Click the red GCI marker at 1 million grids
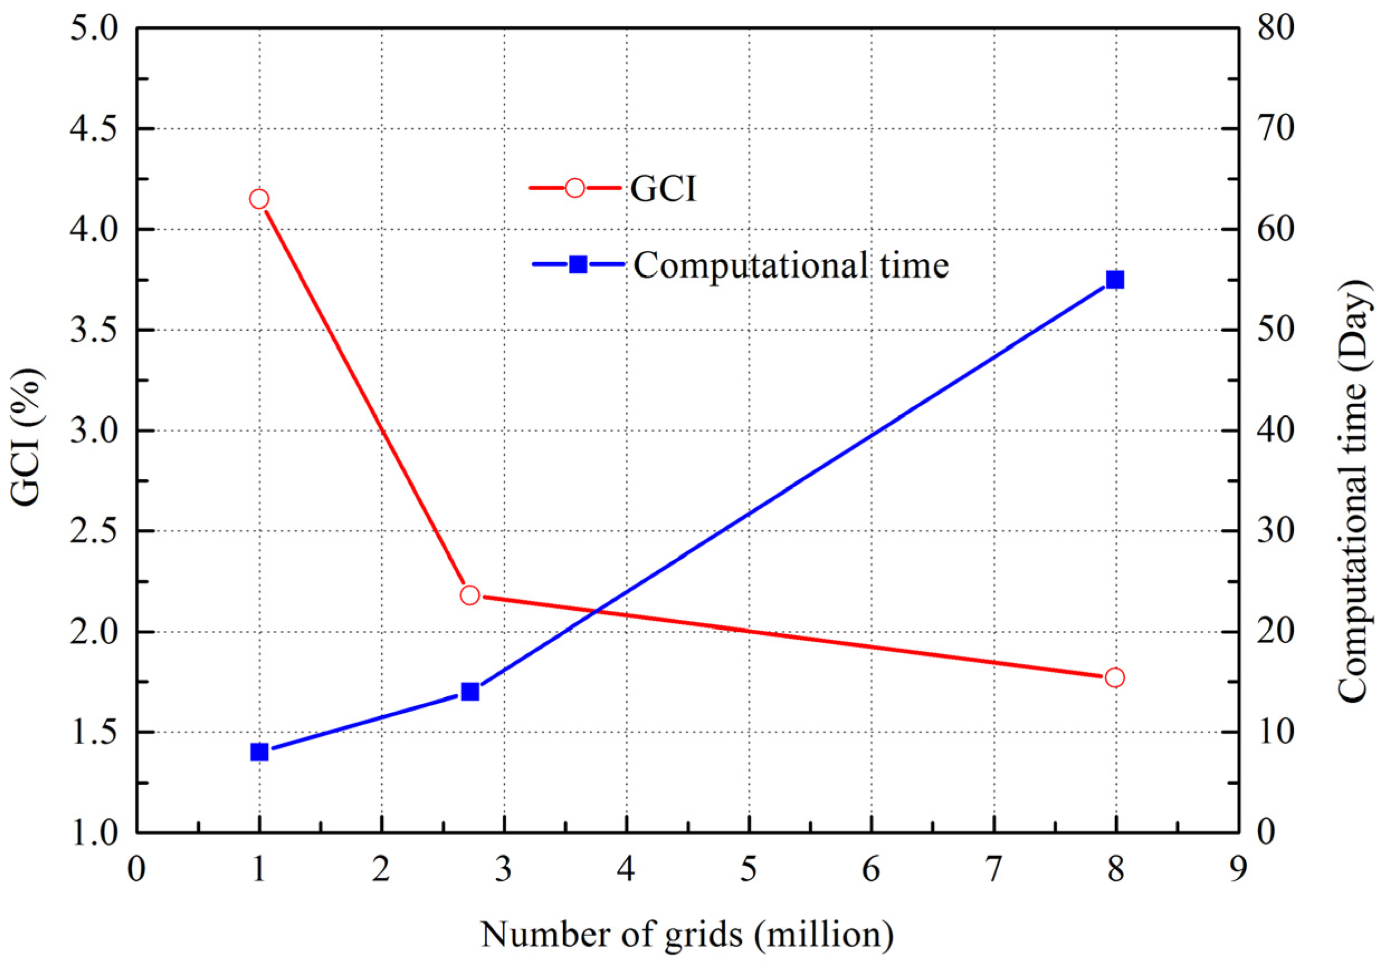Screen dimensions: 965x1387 click(x=259, y=199)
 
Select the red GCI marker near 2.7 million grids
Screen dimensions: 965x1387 click(x=469, y=595)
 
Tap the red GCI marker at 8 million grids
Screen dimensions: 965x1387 click(x=1115, y=678)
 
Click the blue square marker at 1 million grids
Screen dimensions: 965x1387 click(x=259, y=752)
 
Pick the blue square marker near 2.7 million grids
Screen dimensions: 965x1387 click(x=469, y=692)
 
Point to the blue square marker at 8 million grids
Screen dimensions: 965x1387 click(x=1115, y=280)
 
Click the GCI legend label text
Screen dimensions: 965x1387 click(x=663, y=189)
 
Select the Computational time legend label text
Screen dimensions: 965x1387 click(x=791, y=265)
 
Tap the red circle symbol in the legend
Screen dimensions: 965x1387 click(x=574, y=189)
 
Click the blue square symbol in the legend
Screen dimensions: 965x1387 click(x=578, y=264)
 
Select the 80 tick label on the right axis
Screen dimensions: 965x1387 click(x=1276, y=28)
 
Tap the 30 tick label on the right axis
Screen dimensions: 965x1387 click(x=1276, y=532)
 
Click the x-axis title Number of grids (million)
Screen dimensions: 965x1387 click(x=687, y=934)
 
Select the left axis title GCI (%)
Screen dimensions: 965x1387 click(x=27, y=438)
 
